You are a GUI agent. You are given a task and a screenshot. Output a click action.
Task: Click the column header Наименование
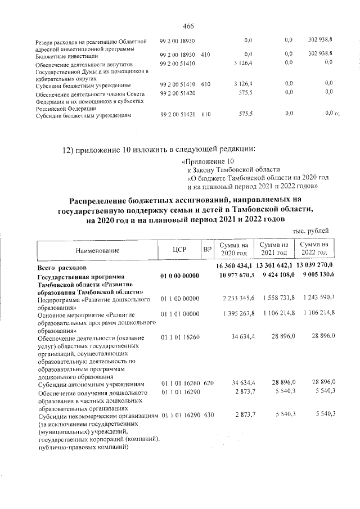click(96, 249)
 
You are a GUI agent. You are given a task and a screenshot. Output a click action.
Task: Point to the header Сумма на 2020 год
click(233, 249)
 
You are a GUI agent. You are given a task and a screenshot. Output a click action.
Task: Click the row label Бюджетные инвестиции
click(67, 56)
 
